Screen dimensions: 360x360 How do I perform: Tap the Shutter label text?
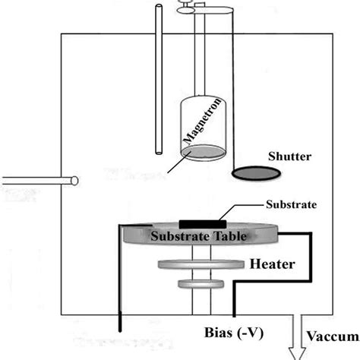289,157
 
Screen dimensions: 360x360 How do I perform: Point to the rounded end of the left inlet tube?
74,181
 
